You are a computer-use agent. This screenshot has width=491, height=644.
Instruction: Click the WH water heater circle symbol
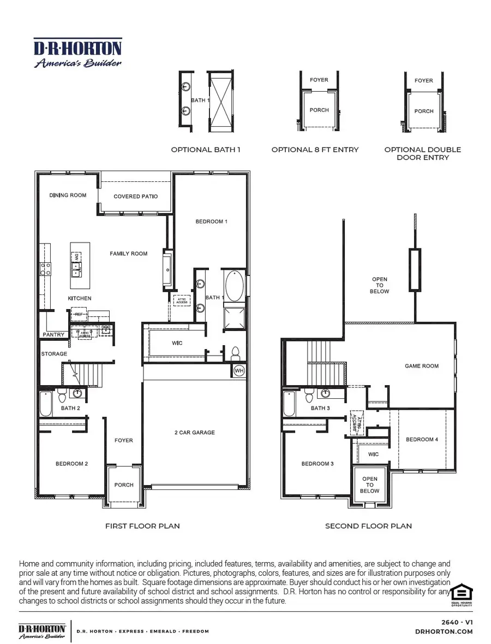click(x=238, y=371)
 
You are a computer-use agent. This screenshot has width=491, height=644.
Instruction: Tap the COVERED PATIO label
click(x=136, y=197)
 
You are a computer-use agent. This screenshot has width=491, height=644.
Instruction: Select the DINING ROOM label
click(x=68, y=195)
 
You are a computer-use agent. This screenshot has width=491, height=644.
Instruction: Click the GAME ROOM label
click(x=421, y=366)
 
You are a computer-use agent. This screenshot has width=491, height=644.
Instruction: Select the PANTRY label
click(x=53, y=334)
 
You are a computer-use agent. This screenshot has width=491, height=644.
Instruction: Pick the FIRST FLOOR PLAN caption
click(x=142, y=526)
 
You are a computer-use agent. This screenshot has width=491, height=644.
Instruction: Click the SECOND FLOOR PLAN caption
click(x=368, y=526)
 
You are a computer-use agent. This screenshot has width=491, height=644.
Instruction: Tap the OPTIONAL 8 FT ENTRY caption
click(x=315, y=150)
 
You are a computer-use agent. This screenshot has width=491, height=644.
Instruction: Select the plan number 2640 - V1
click(x=457, y=622)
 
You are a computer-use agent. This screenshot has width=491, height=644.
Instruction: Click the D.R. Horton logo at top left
click(x=78, y=53)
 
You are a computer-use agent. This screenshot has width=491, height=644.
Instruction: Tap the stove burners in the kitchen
click(x=46, y=268)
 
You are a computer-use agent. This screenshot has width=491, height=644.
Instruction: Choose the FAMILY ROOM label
click(x=128, y=253)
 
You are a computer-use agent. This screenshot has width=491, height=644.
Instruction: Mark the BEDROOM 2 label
click(x=71, y=464)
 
